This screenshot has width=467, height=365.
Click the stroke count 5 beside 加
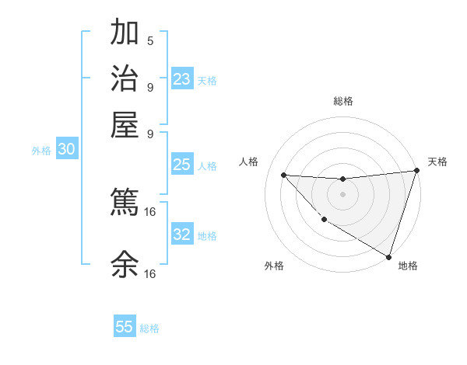pyautogui.click(x=150, y=40)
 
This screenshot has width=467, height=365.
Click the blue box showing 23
pyautogui.click(x=182, y=79)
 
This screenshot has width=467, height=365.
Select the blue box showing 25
pyautogui.click(x=182, y=165)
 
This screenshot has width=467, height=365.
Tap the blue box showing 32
pyautogui.click(x=182, y=235)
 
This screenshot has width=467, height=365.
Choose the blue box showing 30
pyautogui.click(x=66, y=150)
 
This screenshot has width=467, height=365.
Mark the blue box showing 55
pyautogui.click(x=125, y=327)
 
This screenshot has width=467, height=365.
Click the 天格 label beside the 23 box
pyautogui.click(x=207, y=81)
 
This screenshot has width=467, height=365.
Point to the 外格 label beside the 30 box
pyautogui.click(x=41, y=151)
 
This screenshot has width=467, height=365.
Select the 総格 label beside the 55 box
pyautogui.click(x=149, y=328)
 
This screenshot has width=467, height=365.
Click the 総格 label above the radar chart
pyautogui.click(x=342, y=101)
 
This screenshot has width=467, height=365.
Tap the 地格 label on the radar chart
pyautogui.click(x=408, y=266)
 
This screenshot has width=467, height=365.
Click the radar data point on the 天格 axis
pyautogui.click(x=416, y=171)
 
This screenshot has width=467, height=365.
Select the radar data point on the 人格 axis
pyautogui.click(x=284, y=175)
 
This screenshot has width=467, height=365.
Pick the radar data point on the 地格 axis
pyautogui.click(x=388, y=256)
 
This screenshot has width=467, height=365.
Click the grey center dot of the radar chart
pyautogui.click(x=342, y=194)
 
